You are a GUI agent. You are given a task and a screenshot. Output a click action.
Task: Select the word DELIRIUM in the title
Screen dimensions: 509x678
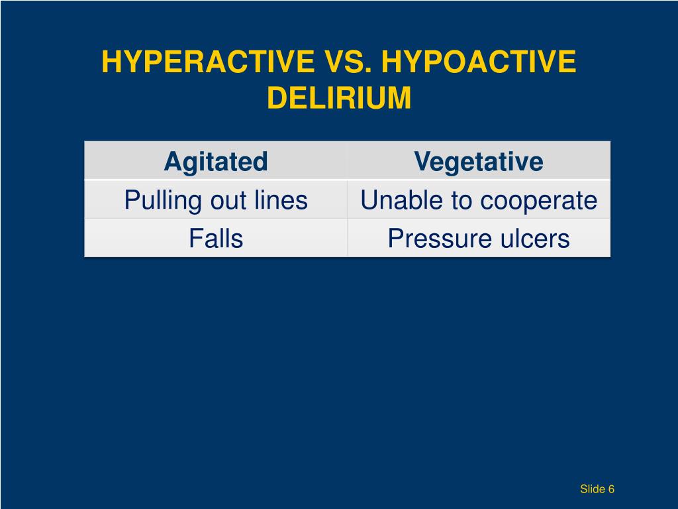tap(339, 98)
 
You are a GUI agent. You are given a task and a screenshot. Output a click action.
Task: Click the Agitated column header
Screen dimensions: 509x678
tap(216, 161)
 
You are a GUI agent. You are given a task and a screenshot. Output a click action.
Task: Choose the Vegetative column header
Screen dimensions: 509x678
tap(479, 161)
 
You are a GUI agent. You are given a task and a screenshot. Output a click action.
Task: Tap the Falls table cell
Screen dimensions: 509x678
tap(216, 239)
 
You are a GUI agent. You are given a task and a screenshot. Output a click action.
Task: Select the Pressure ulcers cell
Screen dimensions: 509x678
tap(479, 239)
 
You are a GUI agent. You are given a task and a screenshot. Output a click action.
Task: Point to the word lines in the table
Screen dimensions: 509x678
tap(284, 200)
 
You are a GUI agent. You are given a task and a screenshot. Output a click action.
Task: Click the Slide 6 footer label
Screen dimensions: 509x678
tap(597, 489)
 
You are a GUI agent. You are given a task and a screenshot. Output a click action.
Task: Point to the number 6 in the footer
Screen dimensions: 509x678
tap(612, 489)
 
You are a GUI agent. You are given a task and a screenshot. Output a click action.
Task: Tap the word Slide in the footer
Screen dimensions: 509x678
tap(593, 489)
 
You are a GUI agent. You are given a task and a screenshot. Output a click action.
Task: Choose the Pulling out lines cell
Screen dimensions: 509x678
tap(216, 200)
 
